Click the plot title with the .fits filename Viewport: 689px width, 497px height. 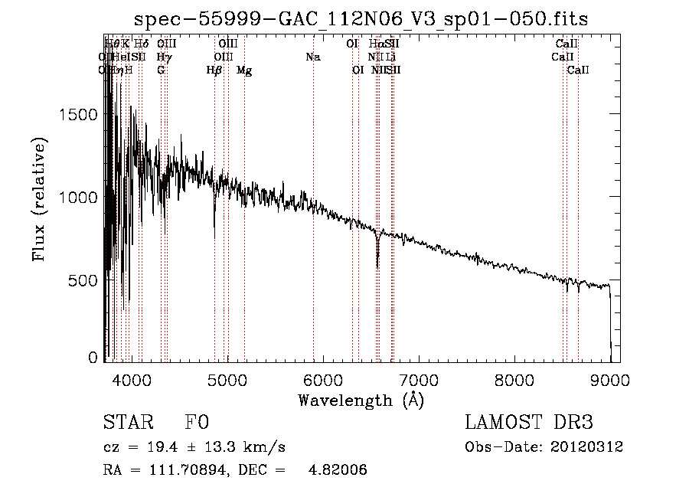click(x=361, y=19)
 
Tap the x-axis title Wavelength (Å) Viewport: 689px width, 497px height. click(x=361, y=400)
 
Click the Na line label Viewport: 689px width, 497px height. click(x=312, y=57)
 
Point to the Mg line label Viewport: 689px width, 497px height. click(x=244, y=70)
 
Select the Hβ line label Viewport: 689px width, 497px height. click(x=214, y=70)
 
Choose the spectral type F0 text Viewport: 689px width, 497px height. click(x=197, y=423)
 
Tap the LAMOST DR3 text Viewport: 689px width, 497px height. click(x=528, y=423)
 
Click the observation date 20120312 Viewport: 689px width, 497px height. click(x=589, y=447)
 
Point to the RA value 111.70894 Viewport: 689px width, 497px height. click(x=185, y=470)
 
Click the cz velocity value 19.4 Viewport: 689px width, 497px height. click(x=160, y=447)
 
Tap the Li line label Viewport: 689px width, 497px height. click(x=391, y=57)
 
